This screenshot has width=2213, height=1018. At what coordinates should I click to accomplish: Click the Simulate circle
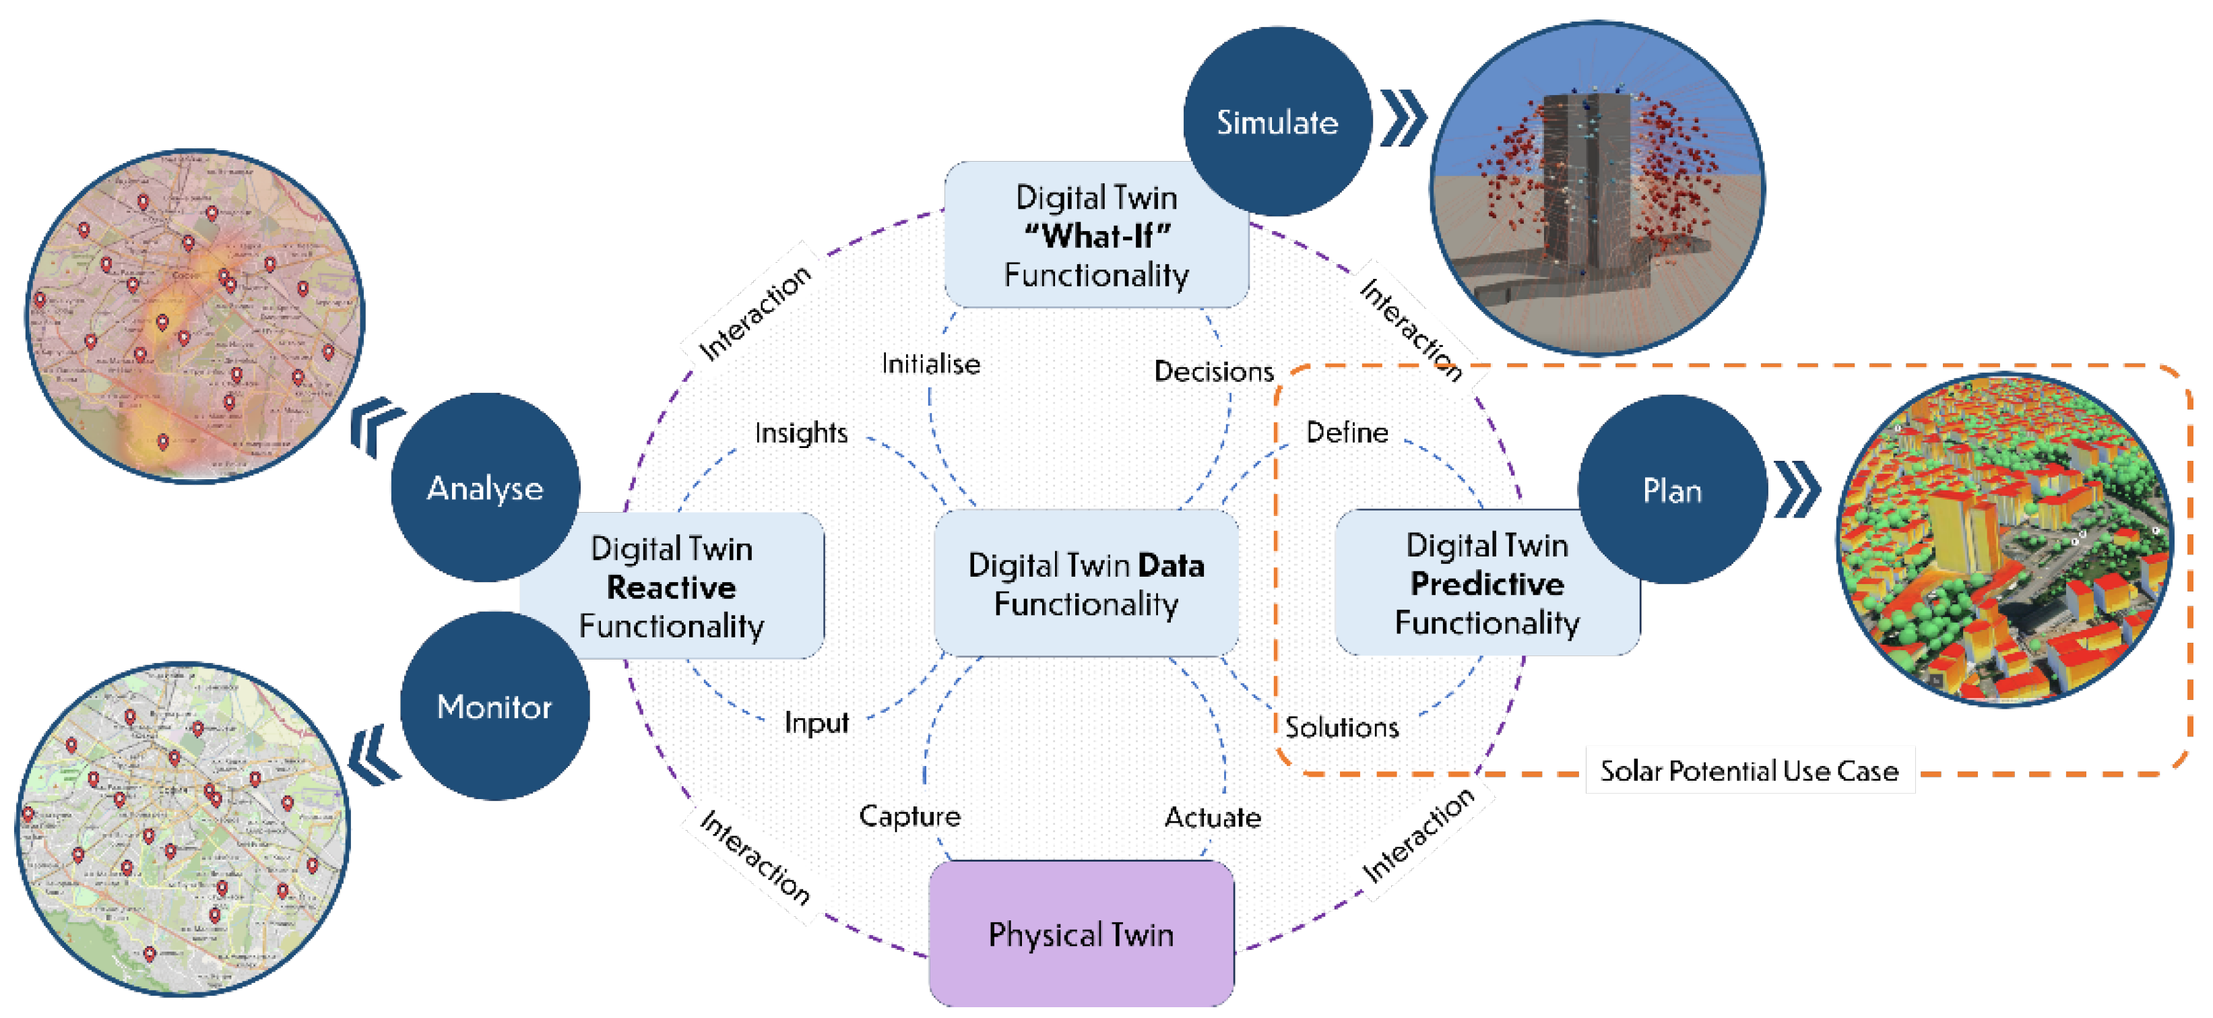(x=1277, y=122)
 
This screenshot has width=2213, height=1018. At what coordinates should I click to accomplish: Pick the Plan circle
(x=1672, y=490)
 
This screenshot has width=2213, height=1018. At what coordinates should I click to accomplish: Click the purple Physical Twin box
(x=1081, y=934)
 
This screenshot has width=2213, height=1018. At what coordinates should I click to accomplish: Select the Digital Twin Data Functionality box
(x=1086, y=584)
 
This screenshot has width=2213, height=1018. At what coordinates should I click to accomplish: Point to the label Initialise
(x=930, y=364)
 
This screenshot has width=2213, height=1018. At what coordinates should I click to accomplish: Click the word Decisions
(x=1213, y=371)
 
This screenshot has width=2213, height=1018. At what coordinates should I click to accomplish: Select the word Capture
(x=909, y=815)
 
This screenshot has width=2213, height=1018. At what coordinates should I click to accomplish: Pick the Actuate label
(x=1212, y=817)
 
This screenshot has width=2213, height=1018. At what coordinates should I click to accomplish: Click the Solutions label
(x=1342, y=728)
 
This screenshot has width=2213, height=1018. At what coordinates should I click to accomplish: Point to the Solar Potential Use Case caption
(x=1749, y=771)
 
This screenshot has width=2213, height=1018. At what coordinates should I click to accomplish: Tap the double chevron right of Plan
(x=1797, y=490)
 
